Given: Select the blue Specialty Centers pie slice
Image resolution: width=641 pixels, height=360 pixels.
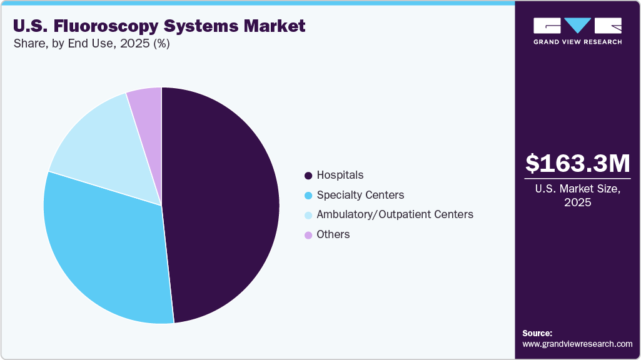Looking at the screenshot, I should (106, 250).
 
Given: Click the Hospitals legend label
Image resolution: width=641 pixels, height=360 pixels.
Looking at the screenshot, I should (340, 175).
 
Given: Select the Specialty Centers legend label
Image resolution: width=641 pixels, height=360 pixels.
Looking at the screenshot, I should (360, 195).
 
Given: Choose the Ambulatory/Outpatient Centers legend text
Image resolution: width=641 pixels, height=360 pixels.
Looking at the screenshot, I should (395, 214).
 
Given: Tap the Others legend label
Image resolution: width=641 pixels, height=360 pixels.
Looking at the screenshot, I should (333, 234).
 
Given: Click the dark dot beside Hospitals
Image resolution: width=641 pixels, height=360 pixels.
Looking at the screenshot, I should (308, 176).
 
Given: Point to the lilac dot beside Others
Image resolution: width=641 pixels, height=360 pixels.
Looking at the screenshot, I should (308, 235).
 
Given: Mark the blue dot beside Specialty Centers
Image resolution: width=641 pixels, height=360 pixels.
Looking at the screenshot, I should (308, 196).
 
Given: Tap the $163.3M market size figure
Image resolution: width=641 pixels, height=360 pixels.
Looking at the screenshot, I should (578, 164).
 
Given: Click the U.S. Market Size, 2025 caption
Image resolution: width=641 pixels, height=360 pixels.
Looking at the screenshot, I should (578, 196).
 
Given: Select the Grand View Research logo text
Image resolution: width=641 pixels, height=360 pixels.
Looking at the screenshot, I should (577, 42).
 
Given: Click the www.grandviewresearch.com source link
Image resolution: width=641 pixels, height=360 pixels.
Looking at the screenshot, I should (577, 344).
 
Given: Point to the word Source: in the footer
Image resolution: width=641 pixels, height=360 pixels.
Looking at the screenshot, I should (537, 333).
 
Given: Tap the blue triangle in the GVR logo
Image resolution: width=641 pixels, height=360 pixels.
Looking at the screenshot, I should (577, 25).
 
